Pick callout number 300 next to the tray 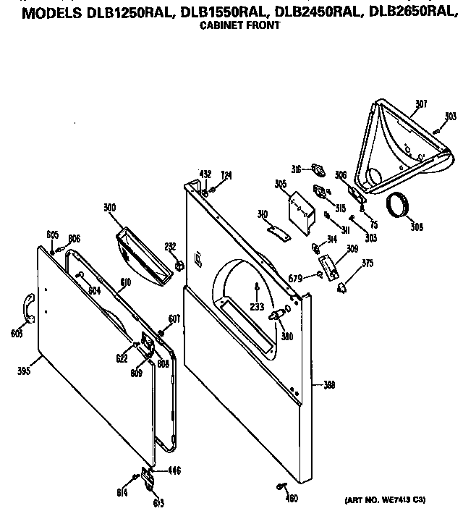tap(109, 208)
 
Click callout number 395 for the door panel tap(24, 372)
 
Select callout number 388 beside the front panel tap(328, 386)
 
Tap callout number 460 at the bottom tap(292, 497)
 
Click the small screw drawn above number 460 tap(281, 485)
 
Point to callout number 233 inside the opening tap(257, 307)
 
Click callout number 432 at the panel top tap(205, 175)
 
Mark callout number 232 tap(171, 246)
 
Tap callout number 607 tap(174, 318)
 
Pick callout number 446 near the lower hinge tap(174, 470)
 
